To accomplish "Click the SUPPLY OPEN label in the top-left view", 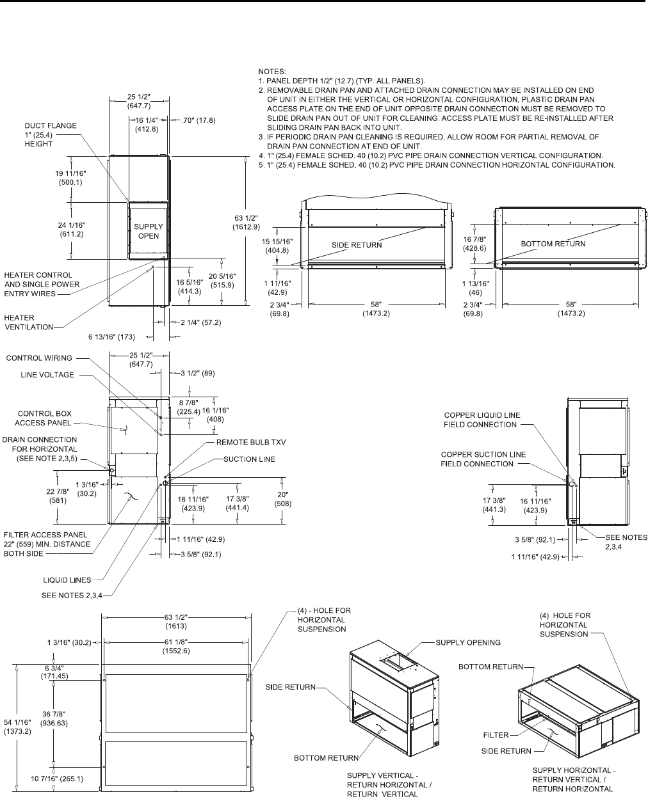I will pos(149,231).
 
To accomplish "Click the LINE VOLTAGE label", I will pos(50,375).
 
